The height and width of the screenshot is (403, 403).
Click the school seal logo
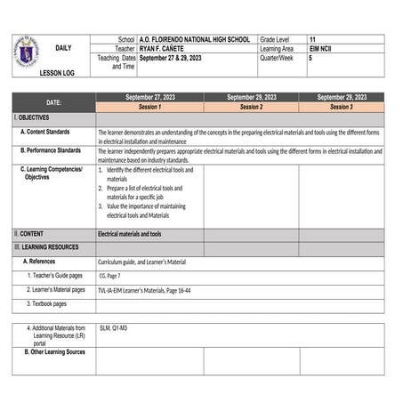pos(27,51)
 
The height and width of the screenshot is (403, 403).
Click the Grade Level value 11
pos(312,40)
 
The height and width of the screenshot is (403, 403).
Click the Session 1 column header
pos(149,107)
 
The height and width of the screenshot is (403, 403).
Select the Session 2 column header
pos(251,107)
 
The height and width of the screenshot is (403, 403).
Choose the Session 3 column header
pos(341,107)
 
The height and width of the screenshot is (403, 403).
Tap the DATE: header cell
pos(53,102)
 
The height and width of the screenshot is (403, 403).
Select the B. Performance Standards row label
pos(56,151)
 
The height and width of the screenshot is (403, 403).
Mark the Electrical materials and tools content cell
pos(130,234)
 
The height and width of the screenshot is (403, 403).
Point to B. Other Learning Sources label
pos(54,352)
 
